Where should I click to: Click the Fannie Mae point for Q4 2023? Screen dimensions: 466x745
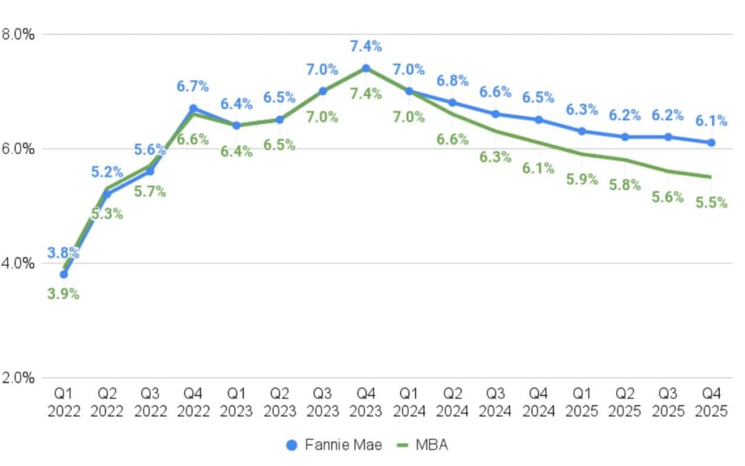coord(366,68)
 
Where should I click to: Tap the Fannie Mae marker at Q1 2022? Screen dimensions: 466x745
coord(63,274)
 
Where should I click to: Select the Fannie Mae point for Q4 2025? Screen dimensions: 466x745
coord(711,142)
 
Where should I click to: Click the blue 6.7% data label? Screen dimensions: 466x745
coord(192,87)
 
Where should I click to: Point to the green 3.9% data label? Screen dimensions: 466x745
coord(63,294)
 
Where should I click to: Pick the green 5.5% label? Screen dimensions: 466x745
coord(711,203)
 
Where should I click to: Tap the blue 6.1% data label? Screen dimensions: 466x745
coord(711,121)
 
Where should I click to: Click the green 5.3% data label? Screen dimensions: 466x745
coord(107,214)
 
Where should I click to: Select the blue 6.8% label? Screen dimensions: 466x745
coord(453,81)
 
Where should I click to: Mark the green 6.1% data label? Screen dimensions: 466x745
coord(538,168)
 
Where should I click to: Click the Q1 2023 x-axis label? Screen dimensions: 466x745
coord(236,402)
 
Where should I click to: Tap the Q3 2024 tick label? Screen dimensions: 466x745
coord(495,402)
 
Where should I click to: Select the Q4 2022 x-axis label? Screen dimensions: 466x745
coord(192,402)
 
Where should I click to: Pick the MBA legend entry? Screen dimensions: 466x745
coord(422,445)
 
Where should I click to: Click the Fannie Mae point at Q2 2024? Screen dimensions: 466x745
coord(452,102)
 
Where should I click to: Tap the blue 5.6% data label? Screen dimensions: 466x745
coord(150,150)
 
